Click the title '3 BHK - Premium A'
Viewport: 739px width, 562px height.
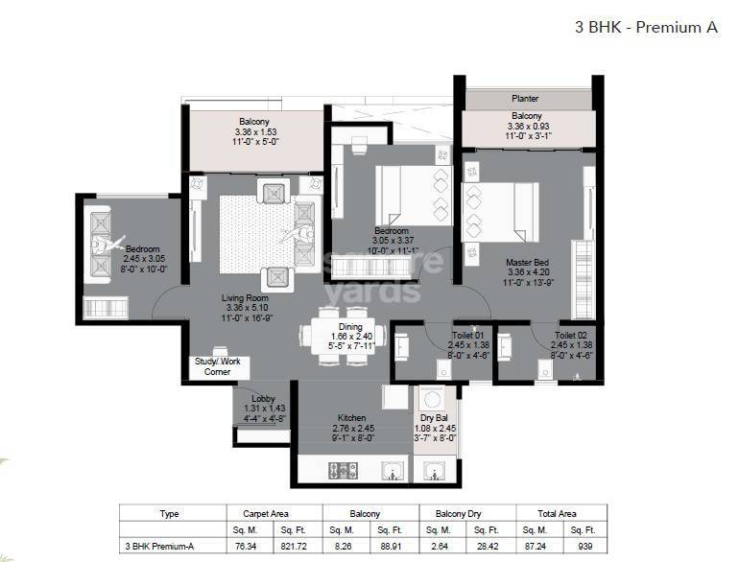pyautogui.click(x=646, y=28)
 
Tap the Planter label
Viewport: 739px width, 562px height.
pyautogui.click(x=524, y=98)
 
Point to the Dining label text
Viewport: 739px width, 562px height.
pyautogui.click(x=344, y=325)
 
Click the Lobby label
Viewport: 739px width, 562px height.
pyautogui.click(x=263, y=398)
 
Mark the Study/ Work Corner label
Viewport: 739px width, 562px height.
pyautogui.click(x=217, y=366)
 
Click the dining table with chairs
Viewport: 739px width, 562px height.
pyautogui.click(x=344, y=334)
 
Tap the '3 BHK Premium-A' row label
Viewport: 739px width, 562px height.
pyautogui.click(x=159, y=545)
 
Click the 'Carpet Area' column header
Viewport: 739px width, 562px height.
pyautogui.click(x=259, y=513)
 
